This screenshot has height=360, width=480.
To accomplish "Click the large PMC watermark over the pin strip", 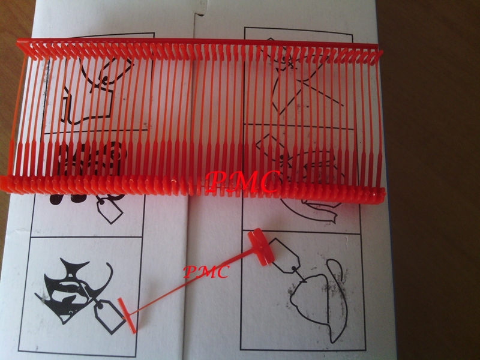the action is [243, 182].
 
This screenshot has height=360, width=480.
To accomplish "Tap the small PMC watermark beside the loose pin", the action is [206, 272].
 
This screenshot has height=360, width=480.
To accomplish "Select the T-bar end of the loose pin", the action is [127, 316].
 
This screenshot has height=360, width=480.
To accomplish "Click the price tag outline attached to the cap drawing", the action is [284, 256].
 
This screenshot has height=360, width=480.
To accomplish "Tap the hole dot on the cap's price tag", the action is [294, 268].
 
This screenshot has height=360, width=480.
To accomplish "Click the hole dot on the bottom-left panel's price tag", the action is [100, 305].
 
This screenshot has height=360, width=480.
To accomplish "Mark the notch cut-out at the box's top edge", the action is [199, 11].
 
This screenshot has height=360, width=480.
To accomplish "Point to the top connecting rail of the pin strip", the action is [197, 42].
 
